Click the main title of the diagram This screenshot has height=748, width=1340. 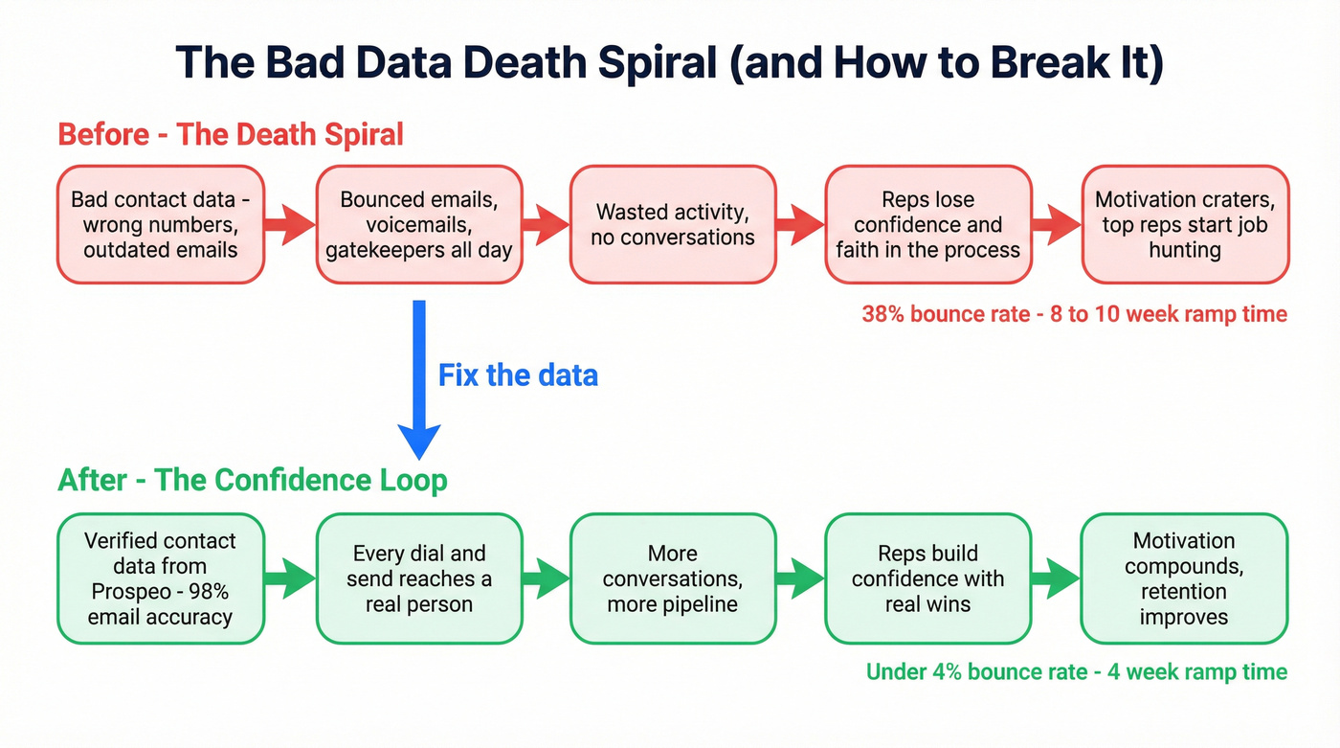click(669, 63)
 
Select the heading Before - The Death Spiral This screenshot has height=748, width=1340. click(231, 133)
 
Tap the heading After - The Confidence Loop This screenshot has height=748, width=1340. click(253, 479)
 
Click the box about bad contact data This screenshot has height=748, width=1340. click(161, 225)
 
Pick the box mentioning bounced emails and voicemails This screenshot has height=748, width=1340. click(420, 225)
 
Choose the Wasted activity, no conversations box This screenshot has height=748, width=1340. click(673, 225)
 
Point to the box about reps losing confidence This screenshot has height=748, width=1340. click(928, 225)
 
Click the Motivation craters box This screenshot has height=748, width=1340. click(1185, 225)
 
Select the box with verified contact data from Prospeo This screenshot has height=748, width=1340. click(161, 578)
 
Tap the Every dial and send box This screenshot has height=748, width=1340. click(420, 578)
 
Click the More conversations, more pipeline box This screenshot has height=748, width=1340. click(673, 578)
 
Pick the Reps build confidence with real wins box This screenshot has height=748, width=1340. click(928, 578)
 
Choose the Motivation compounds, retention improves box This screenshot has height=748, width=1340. click(1185, 578)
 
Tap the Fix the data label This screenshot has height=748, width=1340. click(518, 374)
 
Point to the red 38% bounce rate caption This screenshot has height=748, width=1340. click(1074, 314)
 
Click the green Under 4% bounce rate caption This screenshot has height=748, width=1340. click(1076, 671)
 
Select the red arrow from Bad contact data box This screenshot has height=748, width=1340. click(290, 225)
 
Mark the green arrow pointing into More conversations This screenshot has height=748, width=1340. click(547, 578)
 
